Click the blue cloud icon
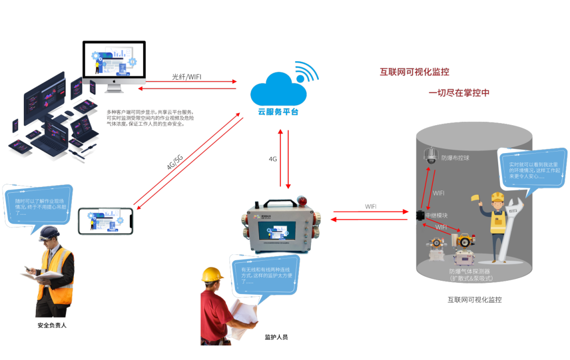point(278,90)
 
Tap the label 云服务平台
point(278,112)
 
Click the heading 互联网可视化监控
point(414,72)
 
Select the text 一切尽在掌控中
point(459,93)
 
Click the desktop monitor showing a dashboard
point(113,62)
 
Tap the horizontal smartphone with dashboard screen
point(106,221)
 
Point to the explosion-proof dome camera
point(431,155)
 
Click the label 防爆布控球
point(455,158)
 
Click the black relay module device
point(420,215)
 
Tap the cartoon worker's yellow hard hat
point(498,197)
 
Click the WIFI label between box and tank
point(372,206)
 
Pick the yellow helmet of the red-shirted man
point(213,274)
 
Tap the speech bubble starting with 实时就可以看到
point(532,166)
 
